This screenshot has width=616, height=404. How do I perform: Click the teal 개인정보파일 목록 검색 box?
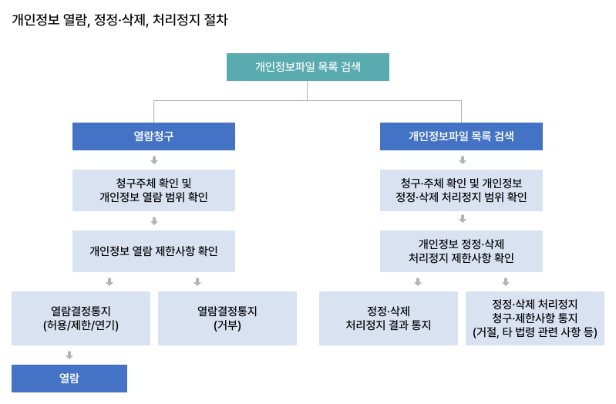click(x=308, y=67)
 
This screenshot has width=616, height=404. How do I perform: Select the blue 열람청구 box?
click(x=153, y=136)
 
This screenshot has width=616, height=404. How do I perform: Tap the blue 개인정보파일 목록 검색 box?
click(x=461, y=136)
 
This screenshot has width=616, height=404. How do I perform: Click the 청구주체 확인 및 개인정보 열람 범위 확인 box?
click(x=153, y=190)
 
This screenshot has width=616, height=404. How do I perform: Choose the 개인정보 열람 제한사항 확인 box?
click(x=153, y=251)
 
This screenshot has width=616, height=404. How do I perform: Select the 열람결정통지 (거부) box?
click(x=227, y=318)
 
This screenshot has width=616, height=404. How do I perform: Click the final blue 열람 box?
click(x=69, y=379)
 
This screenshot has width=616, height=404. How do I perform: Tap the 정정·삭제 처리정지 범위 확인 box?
click(x=461, y=190)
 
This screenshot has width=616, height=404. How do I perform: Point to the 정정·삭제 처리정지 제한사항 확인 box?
click(x=461, y=251)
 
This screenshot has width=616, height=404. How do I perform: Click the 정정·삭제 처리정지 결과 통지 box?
click(x=388, y=318)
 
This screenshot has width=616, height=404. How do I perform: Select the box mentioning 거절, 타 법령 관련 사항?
click(x=534, y=318)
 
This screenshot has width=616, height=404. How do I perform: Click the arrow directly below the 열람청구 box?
click(x=154, y=160)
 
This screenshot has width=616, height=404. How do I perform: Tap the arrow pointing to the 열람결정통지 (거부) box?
click(x=197, y=282)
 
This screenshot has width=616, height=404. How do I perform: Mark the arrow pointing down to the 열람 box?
click(x=69, y=355)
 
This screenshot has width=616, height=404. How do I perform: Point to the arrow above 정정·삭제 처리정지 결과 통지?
click(x=418, y=282)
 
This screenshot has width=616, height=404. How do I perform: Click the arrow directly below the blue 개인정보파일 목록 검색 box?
click(x=463, y=160)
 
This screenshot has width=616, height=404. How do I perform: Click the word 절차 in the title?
click(x=215, y=20)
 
